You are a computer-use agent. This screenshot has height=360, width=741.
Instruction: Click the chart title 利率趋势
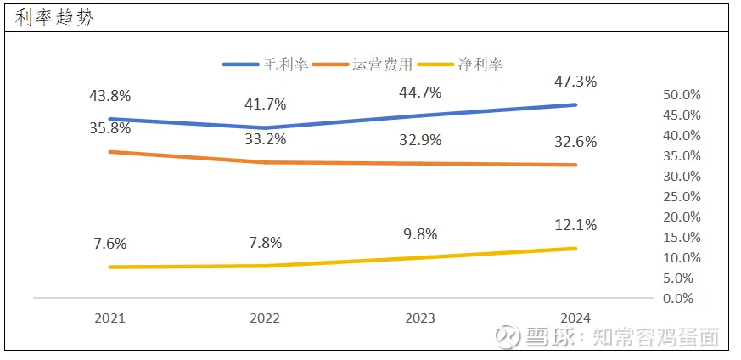54,19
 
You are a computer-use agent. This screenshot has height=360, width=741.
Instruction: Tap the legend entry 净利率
480,65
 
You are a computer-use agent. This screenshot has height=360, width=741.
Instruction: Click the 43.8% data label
109,97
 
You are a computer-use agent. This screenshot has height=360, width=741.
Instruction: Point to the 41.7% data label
265,105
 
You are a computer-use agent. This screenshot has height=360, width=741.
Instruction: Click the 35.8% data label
109,129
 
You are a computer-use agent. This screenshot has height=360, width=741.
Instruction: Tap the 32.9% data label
420,141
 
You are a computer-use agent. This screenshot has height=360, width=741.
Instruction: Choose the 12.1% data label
575,226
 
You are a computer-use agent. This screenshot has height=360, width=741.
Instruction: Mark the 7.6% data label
109,244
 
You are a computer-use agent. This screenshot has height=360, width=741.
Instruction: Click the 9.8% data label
420,233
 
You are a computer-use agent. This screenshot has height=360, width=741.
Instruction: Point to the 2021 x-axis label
109,318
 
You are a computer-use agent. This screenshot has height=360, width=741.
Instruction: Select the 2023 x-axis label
420,318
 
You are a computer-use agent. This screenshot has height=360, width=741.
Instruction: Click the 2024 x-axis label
575,318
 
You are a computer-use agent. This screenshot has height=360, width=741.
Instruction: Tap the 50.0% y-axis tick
682,94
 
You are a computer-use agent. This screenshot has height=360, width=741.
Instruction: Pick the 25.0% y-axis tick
682,196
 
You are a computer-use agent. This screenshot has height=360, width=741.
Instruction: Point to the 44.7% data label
420,93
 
